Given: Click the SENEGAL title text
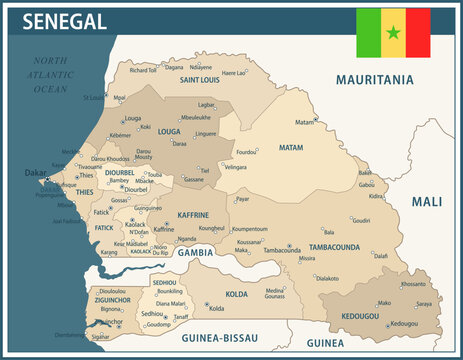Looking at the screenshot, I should coord(63,21).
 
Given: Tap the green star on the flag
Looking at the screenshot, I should coord(393,33).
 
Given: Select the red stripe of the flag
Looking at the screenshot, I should coord(418,33).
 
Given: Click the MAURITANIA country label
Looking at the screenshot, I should coord(377,78).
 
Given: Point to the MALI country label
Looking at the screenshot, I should coord(426,201).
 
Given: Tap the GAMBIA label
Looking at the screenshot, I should coord(196,254).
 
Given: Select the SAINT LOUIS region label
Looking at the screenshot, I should coord(201,79).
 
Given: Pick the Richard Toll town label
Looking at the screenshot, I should coord(143,70).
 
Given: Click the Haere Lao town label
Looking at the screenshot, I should coord(234,73).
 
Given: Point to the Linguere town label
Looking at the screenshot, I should coord(205,133).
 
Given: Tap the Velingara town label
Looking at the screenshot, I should coord(235,167).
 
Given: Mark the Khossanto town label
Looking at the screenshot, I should coord(412,284).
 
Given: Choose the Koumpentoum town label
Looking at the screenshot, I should coord(250,229).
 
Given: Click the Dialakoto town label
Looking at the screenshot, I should coord(327,278).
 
